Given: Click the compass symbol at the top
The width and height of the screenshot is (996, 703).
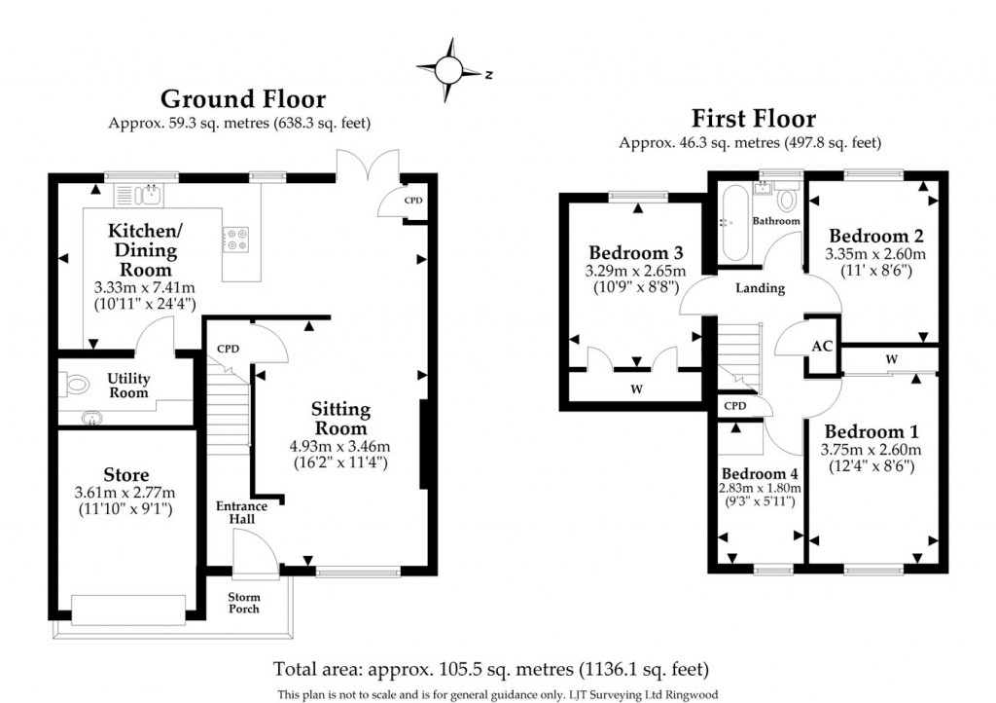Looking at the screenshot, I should (x=451, y=69).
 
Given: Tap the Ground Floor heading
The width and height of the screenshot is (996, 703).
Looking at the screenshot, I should (x=242, y=98).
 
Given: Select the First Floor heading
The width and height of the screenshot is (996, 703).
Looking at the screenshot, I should (x=753, y=119).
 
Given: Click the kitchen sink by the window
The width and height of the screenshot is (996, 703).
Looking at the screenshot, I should (x=148, y=195).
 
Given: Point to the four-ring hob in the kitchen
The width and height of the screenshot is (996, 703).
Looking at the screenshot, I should (x=236, y=238).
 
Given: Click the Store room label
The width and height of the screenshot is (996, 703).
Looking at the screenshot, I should (x=125, y=475).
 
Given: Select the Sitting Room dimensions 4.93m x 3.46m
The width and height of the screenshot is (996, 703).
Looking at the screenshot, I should (x=339, y=447).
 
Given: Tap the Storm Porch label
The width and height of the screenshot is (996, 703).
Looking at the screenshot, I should (x=243, y=602).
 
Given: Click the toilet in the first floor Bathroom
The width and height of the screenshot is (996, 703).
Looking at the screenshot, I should (x=788, y=198).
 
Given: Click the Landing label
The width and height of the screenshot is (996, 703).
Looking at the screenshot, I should (x=760, y=288).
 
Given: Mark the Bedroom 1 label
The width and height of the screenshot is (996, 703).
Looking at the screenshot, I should (x=872, y=431).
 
